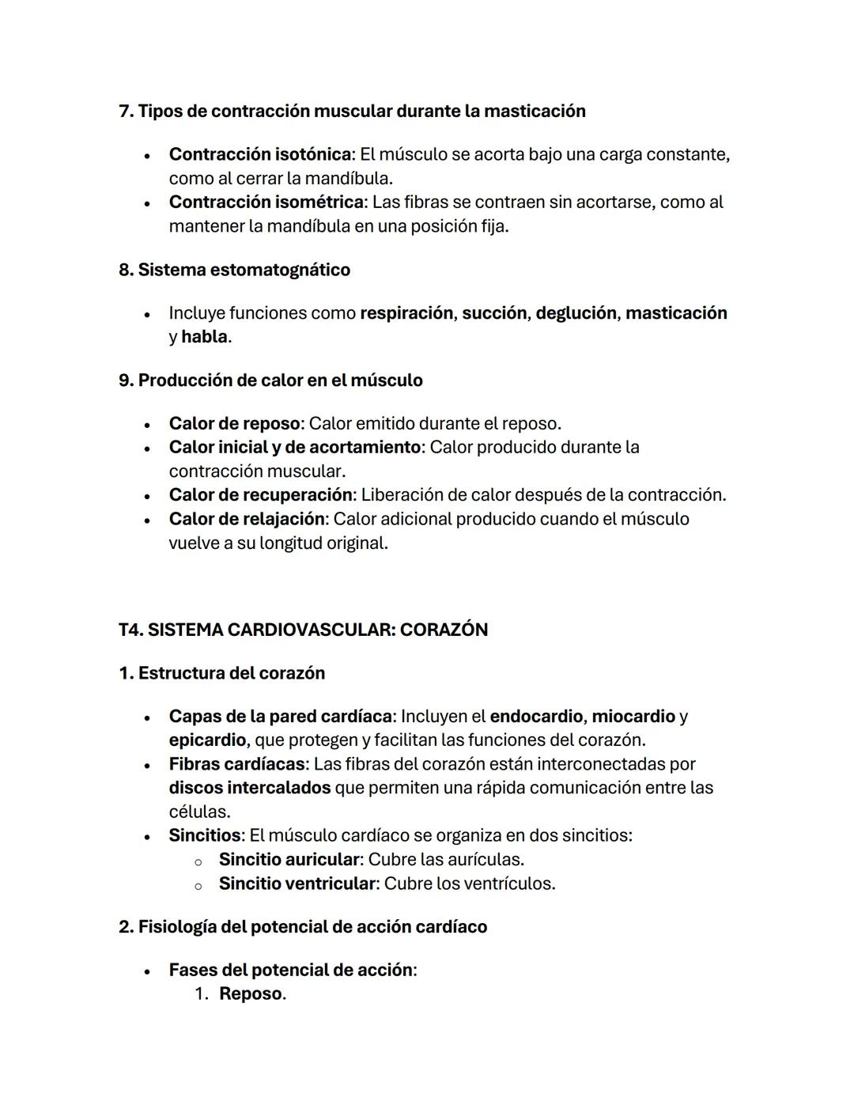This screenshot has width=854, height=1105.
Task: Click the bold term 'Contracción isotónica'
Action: (259, 154)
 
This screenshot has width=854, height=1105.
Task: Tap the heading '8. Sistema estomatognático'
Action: (234, 270)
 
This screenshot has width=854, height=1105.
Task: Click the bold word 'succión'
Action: (493, 313)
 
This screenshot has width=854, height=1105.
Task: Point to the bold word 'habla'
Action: (204, 337)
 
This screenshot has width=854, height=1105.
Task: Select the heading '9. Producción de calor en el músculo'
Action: (270, 380)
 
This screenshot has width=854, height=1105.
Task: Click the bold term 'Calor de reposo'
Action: (234, 424)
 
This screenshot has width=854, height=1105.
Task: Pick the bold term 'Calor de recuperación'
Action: (260, 495)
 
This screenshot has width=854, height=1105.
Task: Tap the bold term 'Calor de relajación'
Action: (247, 520)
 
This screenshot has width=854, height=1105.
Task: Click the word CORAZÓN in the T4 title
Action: (444, 630)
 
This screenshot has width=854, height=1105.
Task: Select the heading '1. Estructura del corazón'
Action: (221, 673)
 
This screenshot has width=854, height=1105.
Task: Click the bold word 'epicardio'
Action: (207, 740)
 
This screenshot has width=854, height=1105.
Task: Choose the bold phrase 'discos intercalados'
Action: (249, 788)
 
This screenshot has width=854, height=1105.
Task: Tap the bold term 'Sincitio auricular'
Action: (289, 860)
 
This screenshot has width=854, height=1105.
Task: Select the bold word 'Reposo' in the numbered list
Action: (250, 994)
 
